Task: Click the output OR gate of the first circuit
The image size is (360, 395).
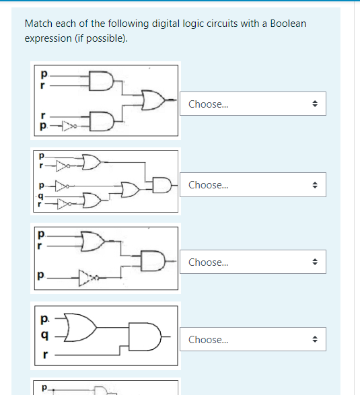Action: (x=153, y=101)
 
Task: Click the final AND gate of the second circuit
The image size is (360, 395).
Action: (x=162, y=183)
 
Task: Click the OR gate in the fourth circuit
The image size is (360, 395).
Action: (x=83, y=324)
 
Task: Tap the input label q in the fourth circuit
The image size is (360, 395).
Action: (x=44, y=335)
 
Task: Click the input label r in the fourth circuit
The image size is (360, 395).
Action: (x=44, y=353)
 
